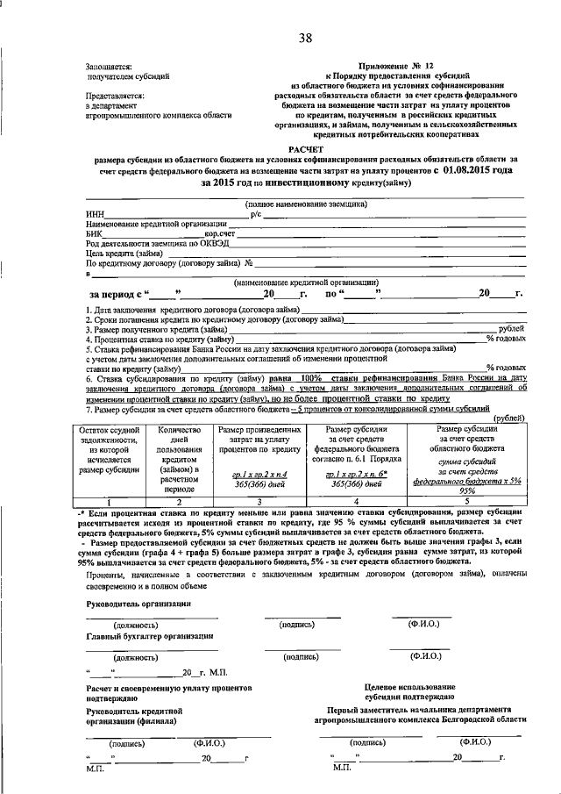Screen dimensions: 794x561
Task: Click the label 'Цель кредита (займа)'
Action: pyautogui.click(x=123, y=254)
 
